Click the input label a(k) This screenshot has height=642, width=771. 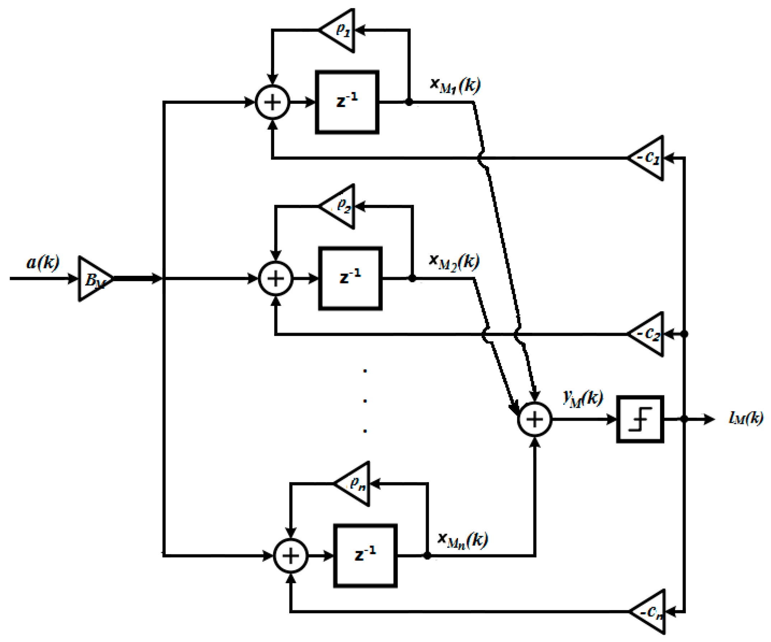point(43,263)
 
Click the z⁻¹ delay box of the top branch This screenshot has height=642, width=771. point(347,102)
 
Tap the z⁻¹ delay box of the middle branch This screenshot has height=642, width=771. point(350,278)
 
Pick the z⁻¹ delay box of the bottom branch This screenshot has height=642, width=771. point(365,556)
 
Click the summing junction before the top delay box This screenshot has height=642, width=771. point(272,102)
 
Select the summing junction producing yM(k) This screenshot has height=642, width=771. point(534,419)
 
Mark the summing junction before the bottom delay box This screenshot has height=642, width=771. point(291,556)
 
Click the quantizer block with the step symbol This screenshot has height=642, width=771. point(640,419)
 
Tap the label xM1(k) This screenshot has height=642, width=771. point(455,85)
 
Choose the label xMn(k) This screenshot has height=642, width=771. point(463,540)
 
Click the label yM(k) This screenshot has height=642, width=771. point(583,398)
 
